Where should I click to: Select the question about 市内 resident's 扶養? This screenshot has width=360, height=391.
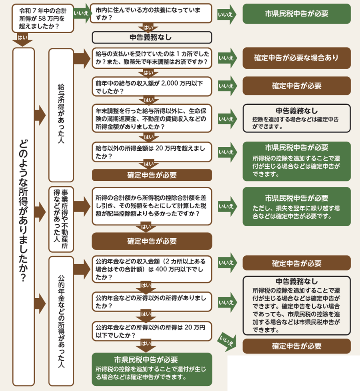152,14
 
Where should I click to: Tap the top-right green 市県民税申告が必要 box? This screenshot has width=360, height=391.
296,14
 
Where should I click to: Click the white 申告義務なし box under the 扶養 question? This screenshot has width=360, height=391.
152,38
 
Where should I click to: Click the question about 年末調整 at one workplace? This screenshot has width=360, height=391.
152,58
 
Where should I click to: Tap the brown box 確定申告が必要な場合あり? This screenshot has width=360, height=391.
296,58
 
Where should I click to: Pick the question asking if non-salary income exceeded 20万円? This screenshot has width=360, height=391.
152,152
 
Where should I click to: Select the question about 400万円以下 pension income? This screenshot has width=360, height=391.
152,268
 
